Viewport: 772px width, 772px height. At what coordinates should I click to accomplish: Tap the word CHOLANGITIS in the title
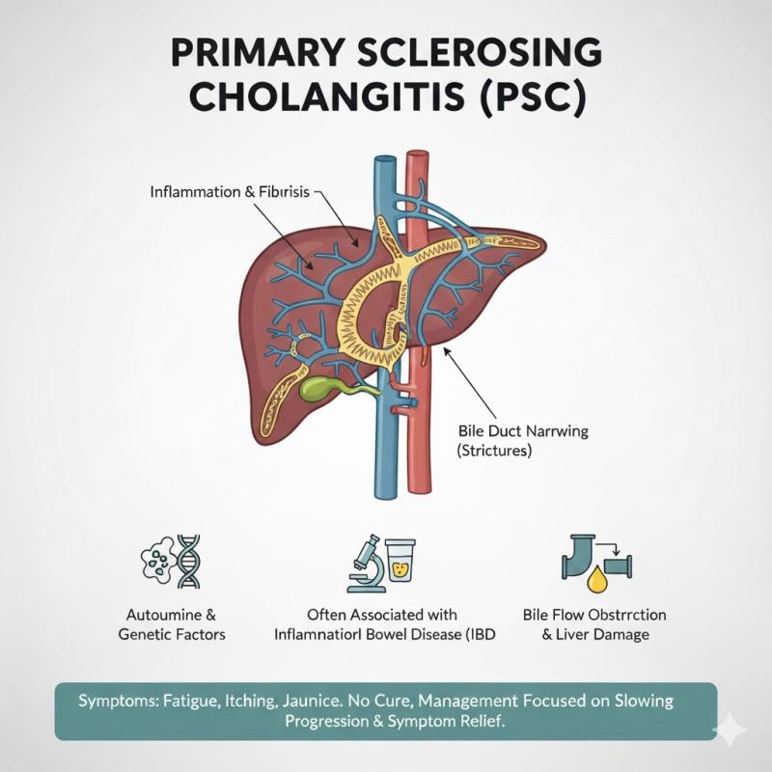pos(306,98)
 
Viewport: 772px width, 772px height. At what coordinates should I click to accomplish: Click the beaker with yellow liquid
pos(400,562)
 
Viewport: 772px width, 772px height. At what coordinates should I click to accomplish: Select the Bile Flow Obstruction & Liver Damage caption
pos(594,624)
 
